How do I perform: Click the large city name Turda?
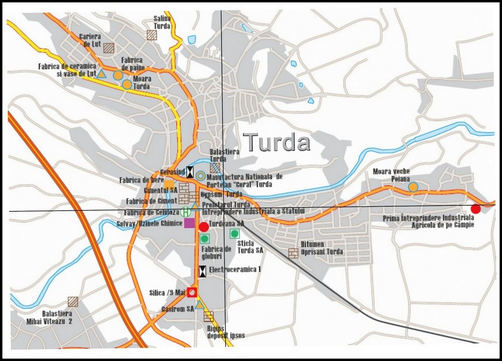click(x=277, y=142)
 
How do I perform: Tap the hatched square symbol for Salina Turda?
click(x=152, y=35)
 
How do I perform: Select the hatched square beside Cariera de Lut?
click(x=109, y=47)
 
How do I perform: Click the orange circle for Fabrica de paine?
click(x=118, y=75)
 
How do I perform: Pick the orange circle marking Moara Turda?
click(x=127, y=84)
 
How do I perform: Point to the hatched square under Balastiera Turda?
click(x=215, y=168)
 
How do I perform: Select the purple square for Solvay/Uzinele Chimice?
click(x=190, y=223)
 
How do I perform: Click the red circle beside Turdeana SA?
click(x=204, y=227)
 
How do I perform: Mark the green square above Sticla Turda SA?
click(x=235, y=234)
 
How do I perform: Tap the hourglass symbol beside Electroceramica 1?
click(x=203, y=271)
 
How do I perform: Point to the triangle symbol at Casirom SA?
click(x=200, y=305)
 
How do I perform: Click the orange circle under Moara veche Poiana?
click(x=413, y=187)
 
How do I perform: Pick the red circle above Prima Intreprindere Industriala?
click(x=476, y=209)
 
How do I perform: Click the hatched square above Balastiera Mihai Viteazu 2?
click(x=73, y=302)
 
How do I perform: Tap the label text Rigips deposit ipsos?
click(x=226, y=332)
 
